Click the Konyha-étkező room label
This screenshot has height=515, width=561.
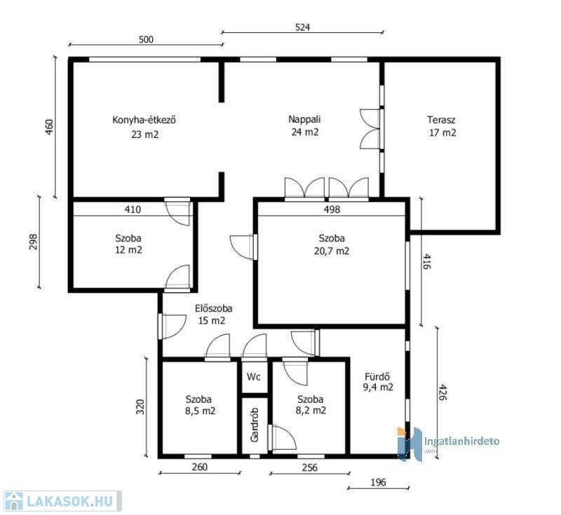[x=144, y=120]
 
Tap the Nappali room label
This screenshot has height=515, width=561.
[x=304, y=119]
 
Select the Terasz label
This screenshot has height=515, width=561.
[x=441, y=120]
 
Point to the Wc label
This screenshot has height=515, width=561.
[x=254, y=376]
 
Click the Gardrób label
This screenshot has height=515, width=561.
[x=255, y=425]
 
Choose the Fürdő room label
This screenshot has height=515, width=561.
[x=377, y=376]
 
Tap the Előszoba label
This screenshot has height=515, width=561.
[x=214, y=308]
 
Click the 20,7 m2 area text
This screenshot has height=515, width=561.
[x=332, y=251]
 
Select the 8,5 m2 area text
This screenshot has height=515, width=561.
[x=200, y=411]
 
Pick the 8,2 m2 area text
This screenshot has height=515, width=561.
[x=311, y=411]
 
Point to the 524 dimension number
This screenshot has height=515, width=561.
[x=302, y=27]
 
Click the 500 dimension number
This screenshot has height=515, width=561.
[x=146, y=39]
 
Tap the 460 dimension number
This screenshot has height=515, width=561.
[x=49, y=127]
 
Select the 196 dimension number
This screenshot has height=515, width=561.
[x=378, y=482]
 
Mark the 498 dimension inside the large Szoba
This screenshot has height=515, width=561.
[x=332, y=210]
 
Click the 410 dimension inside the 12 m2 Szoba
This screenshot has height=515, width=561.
[x=133, y=209]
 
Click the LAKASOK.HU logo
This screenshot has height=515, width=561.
[x=61, y=501]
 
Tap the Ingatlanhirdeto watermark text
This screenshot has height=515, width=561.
[x=461, y=441]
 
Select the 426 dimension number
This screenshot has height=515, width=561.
[x=442, y=392]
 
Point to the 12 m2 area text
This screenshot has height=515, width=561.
[x=128, y=250]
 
